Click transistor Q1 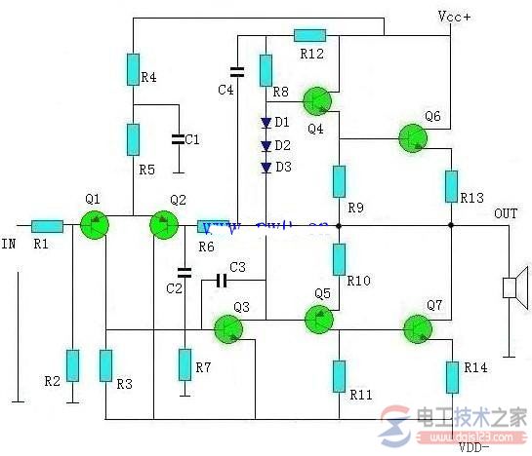[94, 225]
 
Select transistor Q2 [163, 226]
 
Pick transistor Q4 [316, 100]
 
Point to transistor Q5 [318, 318]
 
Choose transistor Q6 [414, 138]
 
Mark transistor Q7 [421, 329]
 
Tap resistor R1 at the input [47, 225]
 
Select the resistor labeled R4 [133, 68]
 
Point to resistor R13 [452, 186]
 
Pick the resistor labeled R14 [452, 376]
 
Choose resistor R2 [72, 363]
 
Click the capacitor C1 [178, 139]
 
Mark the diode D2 [266, 145]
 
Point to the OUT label [506, 213]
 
